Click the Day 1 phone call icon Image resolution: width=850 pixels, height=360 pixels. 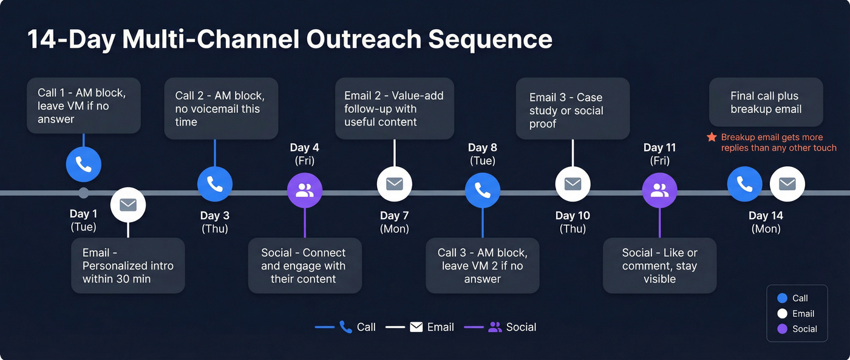(x=84, y=164)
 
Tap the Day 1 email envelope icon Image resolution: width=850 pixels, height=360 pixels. (x=128, y=205)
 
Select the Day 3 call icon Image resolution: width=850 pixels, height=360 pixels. (x=215, y=184)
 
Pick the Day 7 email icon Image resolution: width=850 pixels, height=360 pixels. (x=395, y=184)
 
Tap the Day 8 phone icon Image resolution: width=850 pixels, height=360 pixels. (x=483, y=191)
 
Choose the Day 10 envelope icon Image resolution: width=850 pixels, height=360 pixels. (x=573, y=184)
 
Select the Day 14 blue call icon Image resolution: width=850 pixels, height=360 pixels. (x=745, y=184)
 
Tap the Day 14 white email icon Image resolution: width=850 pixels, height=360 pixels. (x=787, y=184)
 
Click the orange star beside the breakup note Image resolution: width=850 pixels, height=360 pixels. (x=712, y=138)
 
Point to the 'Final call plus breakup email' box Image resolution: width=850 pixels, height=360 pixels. (x=766, y=103)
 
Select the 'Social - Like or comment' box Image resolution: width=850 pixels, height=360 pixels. (x=659, y=266)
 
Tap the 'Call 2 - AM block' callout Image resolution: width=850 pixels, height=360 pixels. (x=221, y=109)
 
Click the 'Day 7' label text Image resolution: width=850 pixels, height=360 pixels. (x=394, y=216)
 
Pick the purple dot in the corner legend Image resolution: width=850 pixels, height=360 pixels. (x=782, y=329)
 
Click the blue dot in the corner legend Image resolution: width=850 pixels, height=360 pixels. (x=782, y=298)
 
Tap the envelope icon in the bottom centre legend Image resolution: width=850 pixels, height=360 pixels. (x=416, y=327)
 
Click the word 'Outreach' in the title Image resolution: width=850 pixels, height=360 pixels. (x=364, y=39)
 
